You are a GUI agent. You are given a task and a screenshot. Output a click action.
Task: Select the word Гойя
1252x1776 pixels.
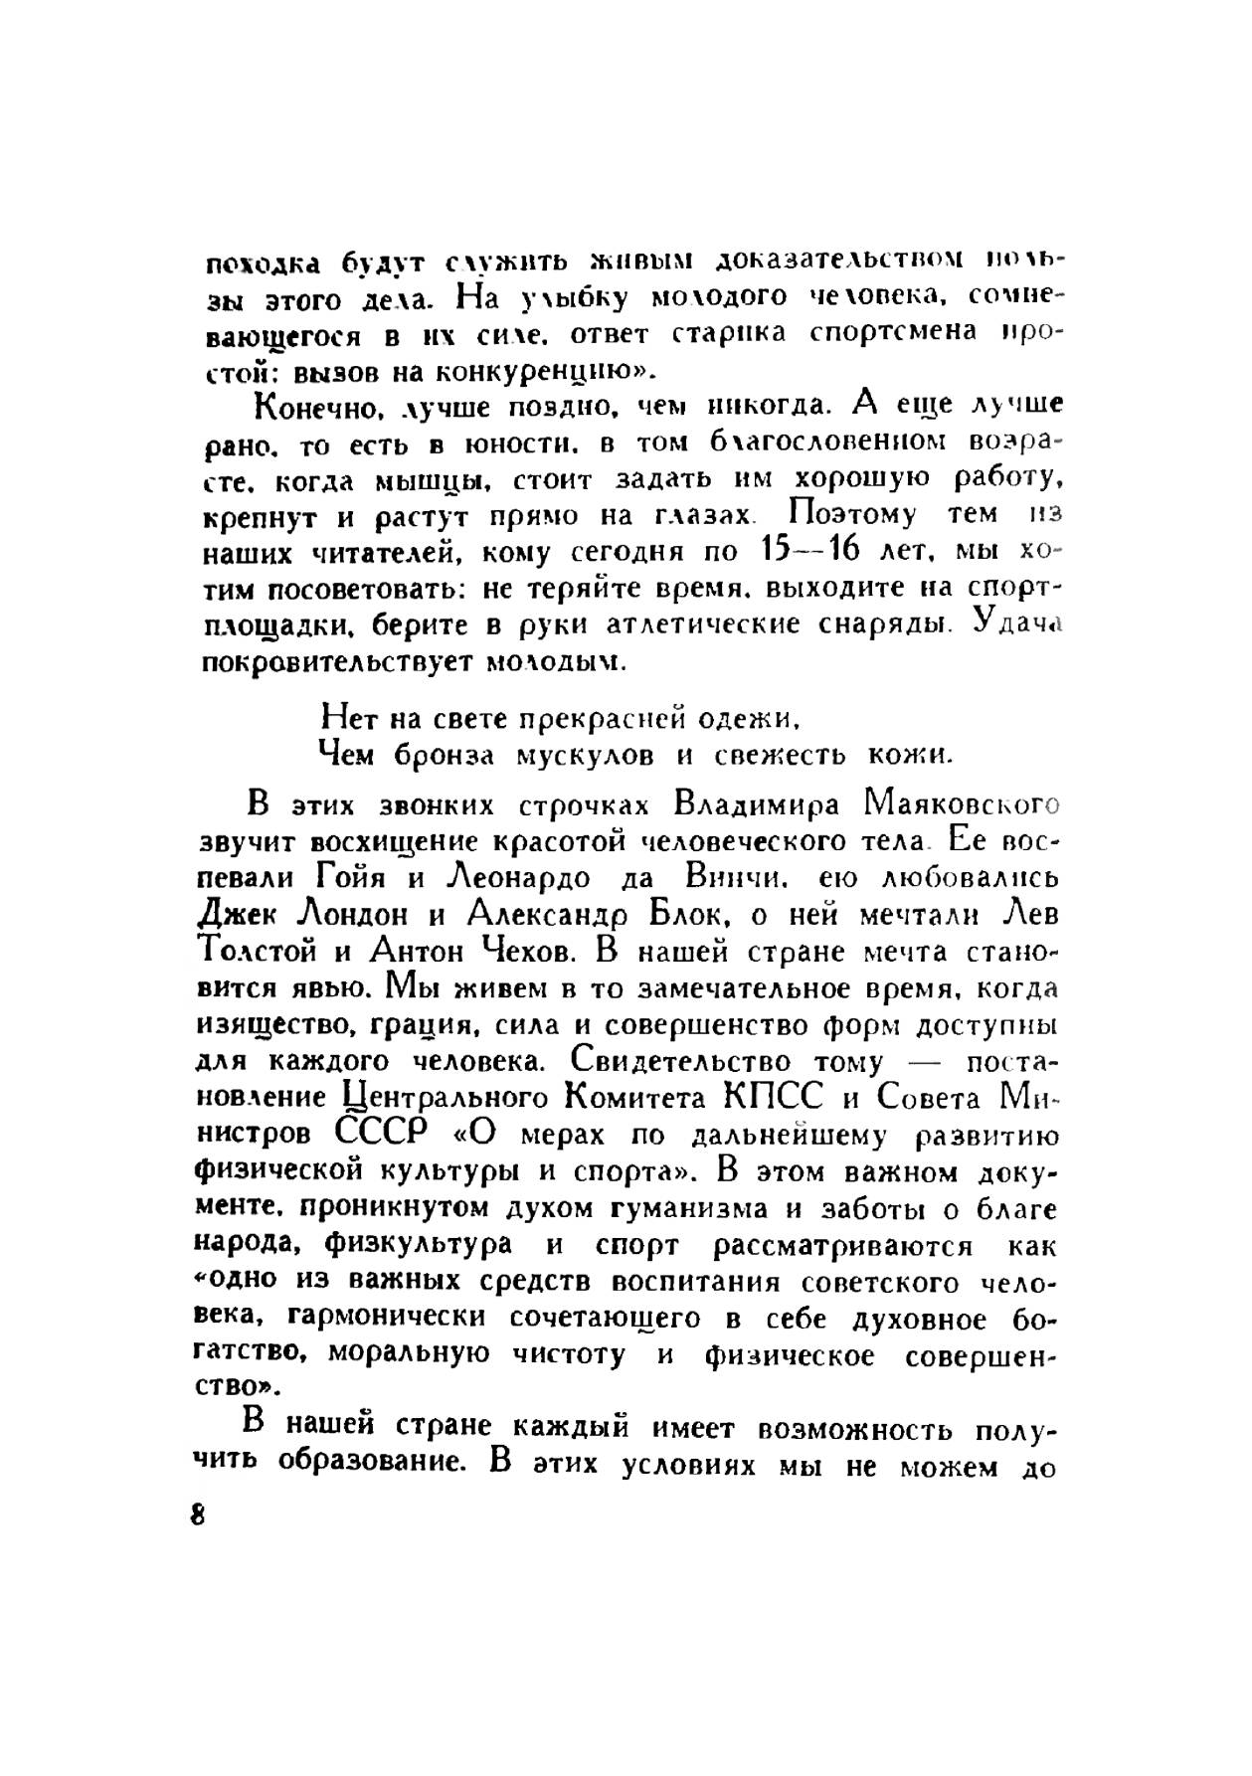tap(354, 878)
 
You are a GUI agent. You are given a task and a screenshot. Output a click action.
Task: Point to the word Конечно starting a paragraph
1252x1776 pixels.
tap(315, 406)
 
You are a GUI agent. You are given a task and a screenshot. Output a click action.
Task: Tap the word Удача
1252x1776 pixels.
tap(1018, 623)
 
